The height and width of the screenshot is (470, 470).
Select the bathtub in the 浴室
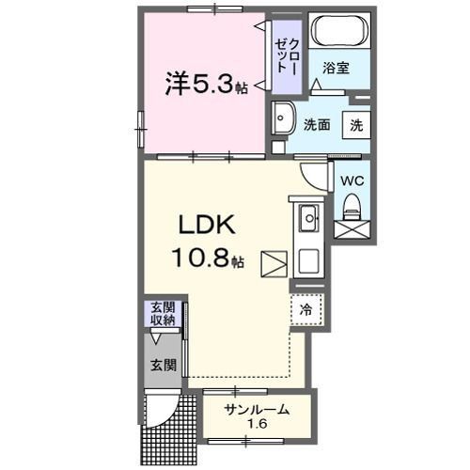[340, 29]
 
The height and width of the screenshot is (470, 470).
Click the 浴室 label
[337, 68]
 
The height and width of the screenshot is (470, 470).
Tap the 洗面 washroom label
[316, 125]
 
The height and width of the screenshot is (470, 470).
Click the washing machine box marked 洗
[358, 123]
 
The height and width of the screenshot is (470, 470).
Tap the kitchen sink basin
[307, 220]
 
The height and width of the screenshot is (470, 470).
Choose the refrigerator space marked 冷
[306, 308]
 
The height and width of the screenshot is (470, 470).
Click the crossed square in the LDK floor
[274, 265]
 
